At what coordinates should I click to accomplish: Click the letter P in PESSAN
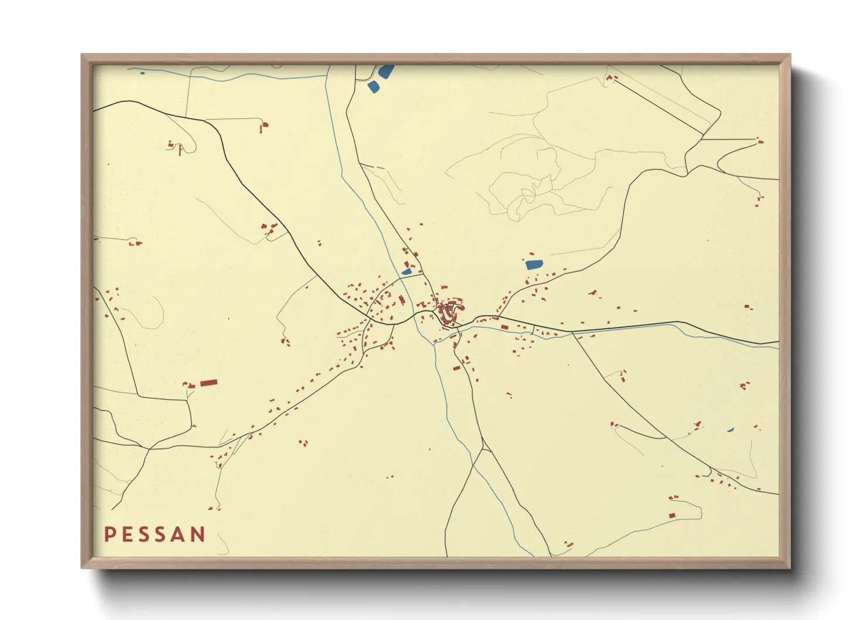[110, 534]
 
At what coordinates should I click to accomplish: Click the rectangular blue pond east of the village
[534, 264]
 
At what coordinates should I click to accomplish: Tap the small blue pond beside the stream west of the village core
[407, 272]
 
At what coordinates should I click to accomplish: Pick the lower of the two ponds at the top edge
[373, 87]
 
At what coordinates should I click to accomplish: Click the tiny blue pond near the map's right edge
[730, 430]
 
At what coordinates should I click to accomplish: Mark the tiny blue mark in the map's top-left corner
[142, 73]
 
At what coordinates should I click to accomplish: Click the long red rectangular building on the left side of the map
[209, 383]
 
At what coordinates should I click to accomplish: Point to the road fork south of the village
[483, 449]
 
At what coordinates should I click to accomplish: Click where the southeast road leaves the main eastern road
[572, 333]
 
